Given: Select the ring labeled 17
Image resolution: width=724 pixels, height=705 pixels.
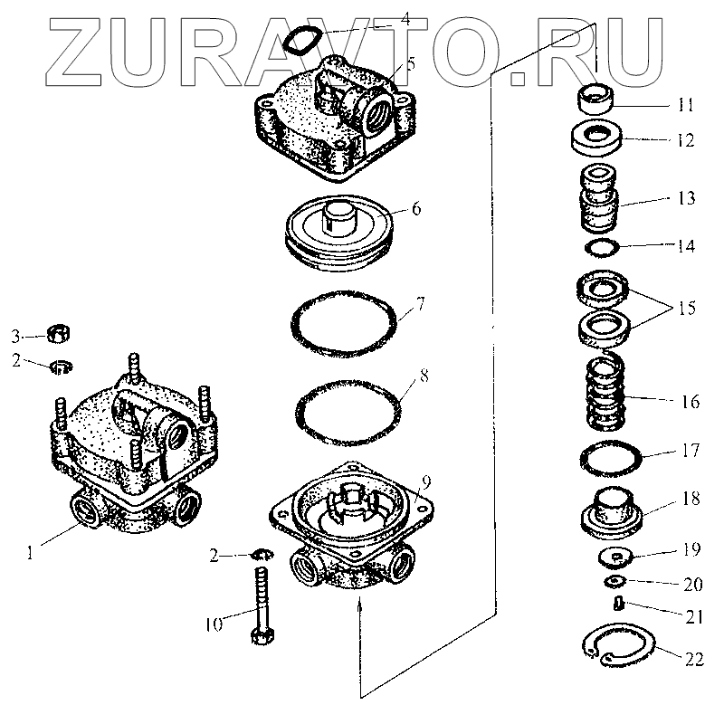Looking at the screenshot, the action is [611, 459].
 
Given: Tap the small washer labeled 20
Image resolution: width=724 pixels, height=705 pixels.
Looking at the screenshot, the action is [616, 579].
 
